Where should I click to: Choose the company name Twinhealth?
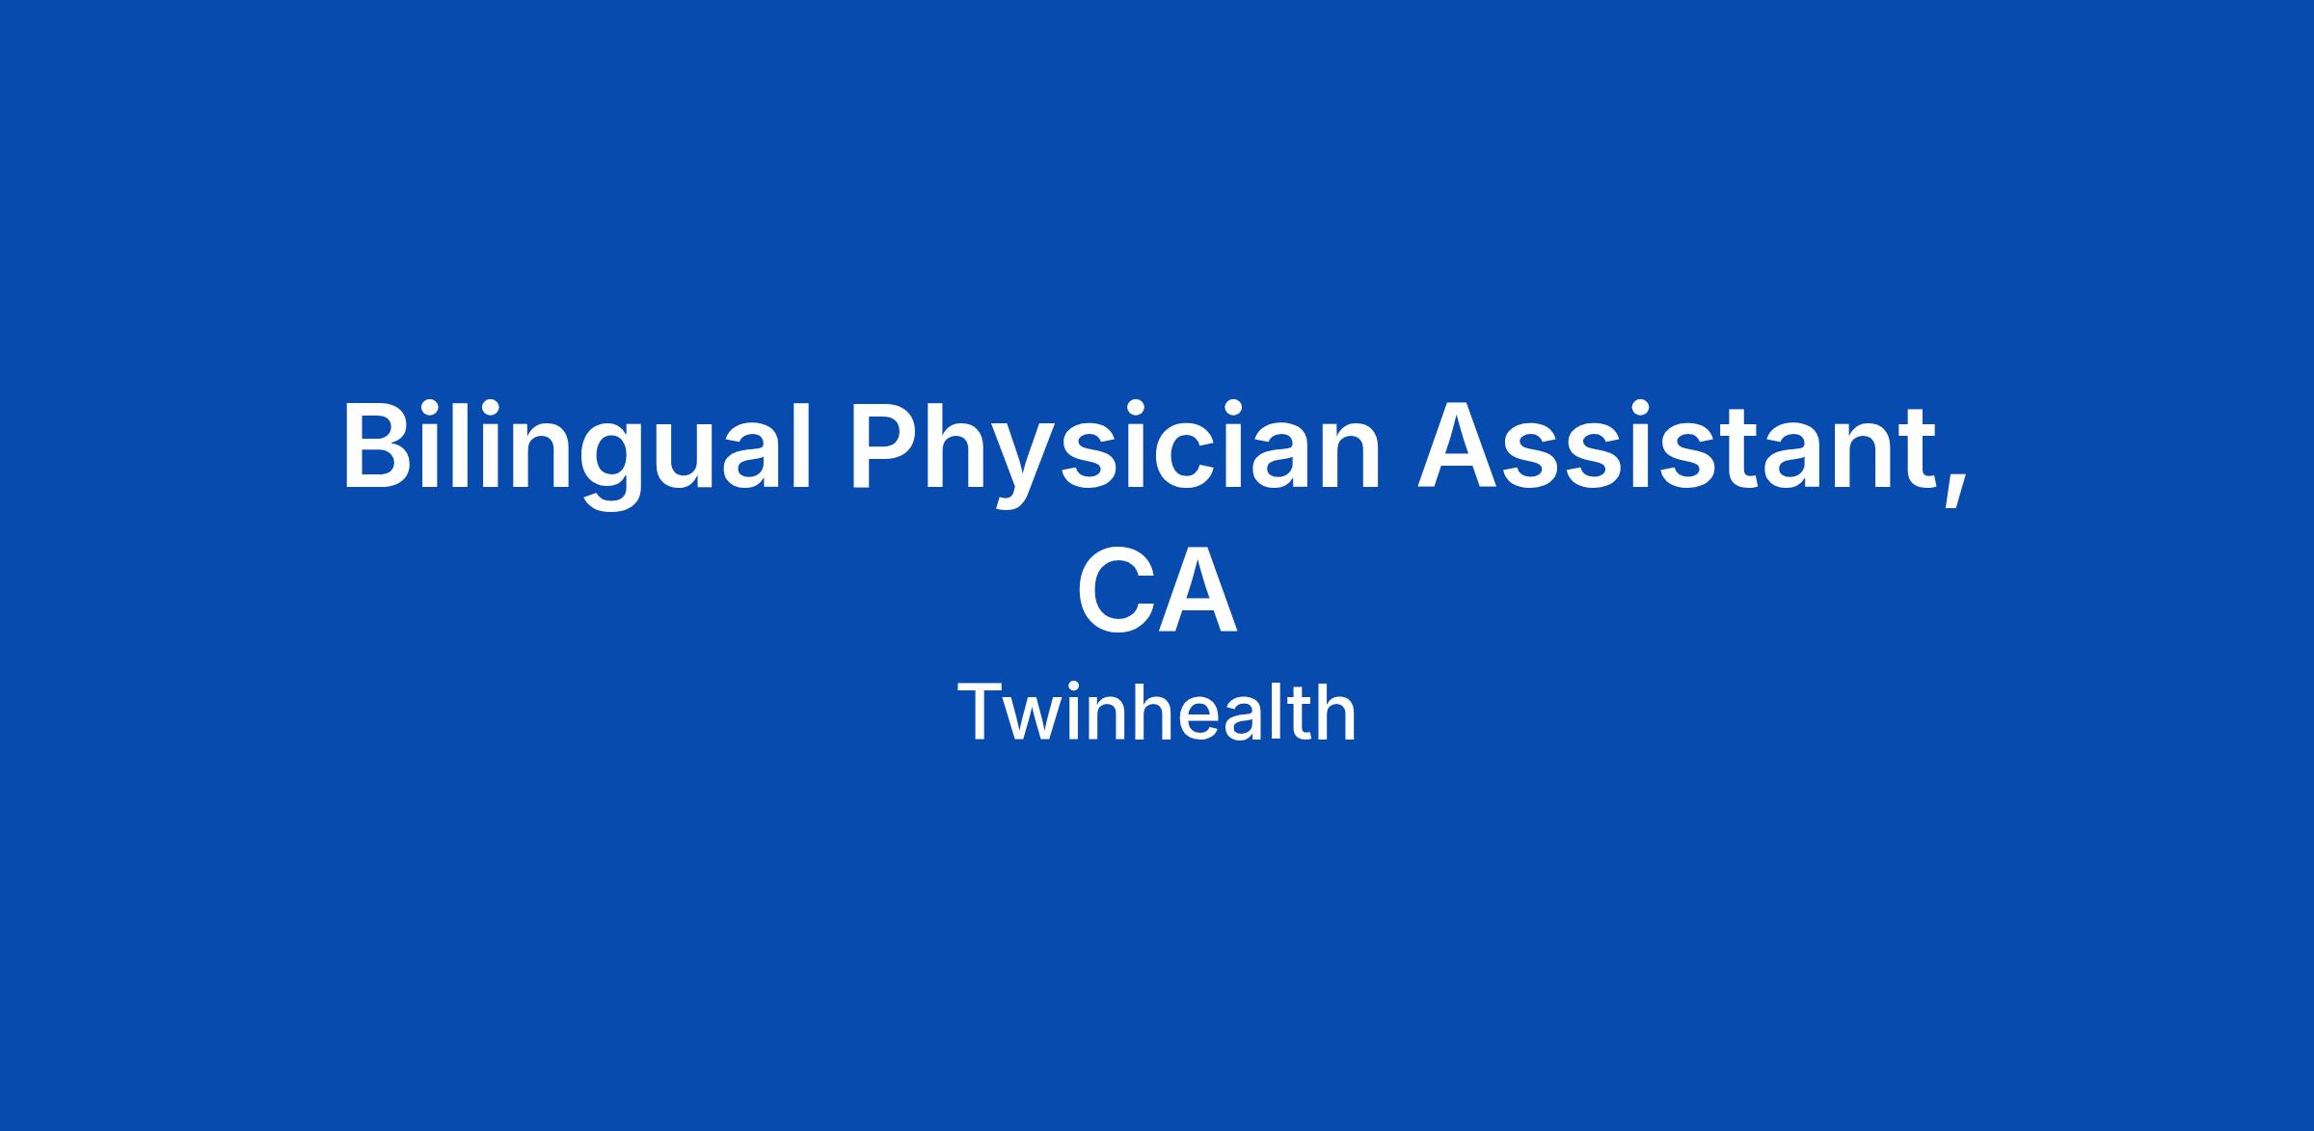(1157, 712)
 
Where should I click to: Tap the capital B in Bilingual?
(379, 446)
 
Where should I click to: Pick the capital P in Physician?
(884, 446)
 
